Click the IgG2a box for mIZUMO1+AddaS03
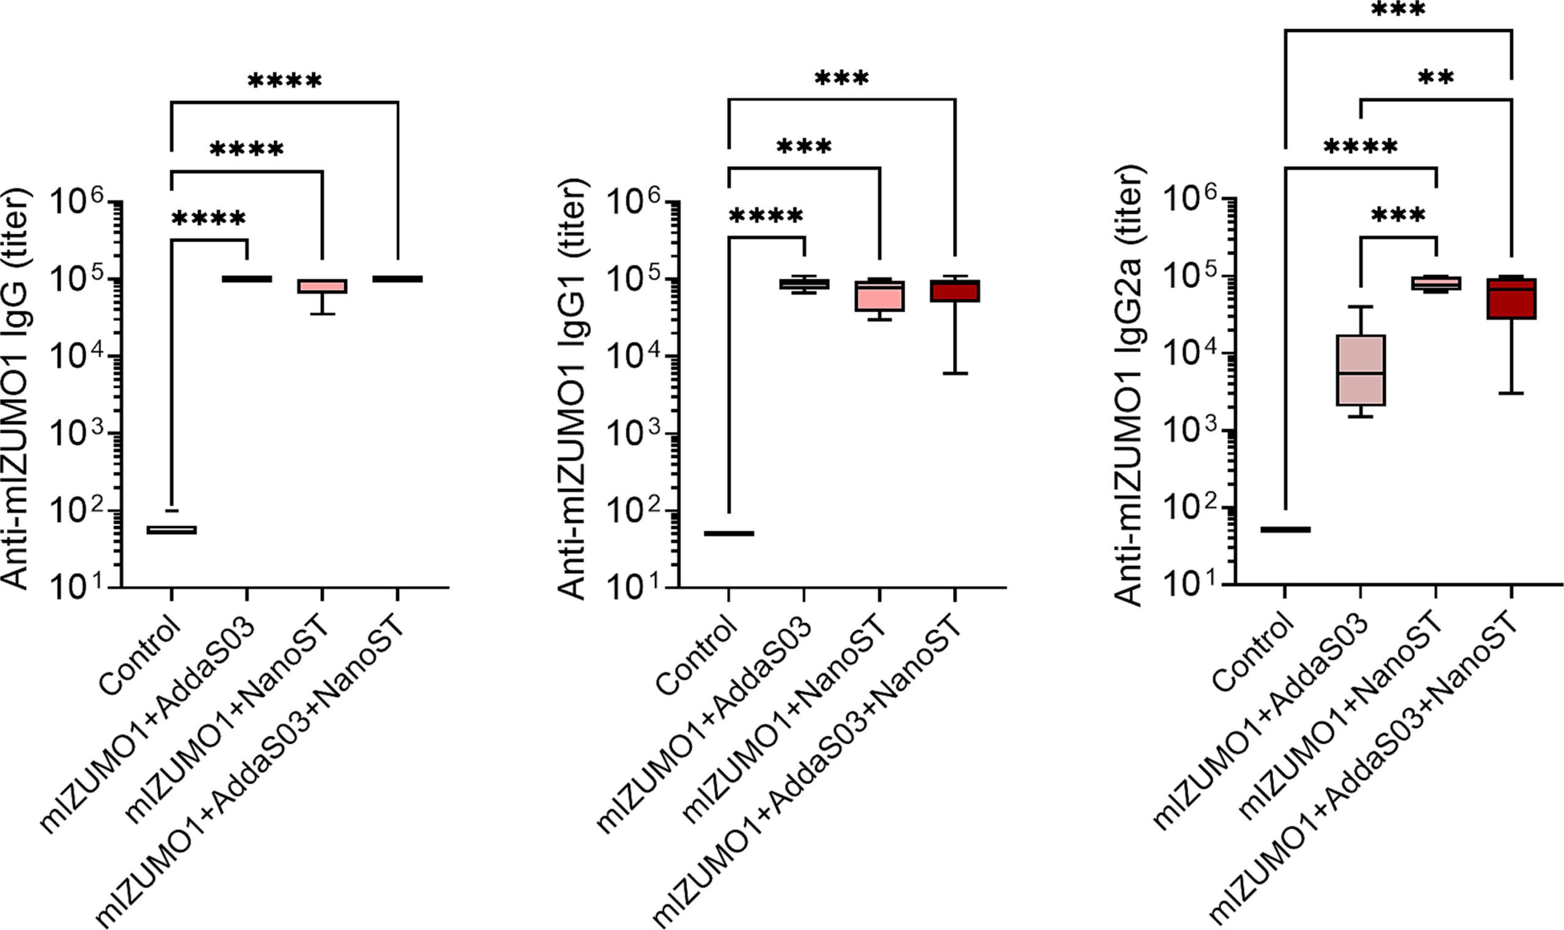1361,370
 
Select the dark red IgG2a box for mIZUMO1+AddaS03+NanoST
1512,298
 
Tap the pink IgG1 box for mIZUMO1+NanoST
880,295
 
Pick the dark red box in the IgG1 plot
954,291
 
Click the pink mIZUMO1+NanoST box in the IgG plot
322,287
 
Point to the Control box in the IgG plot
172,530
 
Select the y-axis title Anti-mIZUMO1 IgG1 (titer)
571,389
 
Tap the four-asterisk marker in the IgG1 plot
766,217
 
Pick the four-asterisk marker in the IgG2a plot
1361,148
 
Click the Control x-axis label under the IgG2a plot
1254,652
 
